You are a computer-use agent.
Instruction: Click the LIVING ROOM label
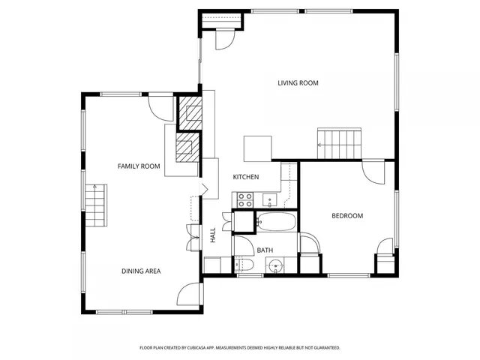point(298,82)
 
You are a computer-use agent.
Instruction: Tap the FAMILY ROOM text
point(139,166)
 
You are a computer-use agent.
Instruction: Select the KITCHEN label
point(246,177)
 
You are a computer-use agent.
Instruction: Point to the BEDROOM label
point(347,216)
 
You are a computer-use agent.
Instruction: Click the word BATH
point(265,250)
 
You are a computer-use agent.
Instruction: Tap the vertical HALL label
point(213,235)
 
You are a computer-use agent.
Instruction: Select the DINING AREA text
point(141,271)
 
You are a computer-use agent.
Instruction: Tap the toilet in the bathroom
point(241,265)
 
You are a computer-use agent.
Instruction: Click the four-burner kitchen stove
point(244,199)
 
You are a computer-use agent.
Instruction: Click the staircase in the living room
point(340,142)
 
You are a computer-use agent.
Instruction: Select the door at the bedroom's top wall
point(373,172)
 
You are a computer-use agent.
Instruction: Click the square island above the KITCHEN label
point(256,148)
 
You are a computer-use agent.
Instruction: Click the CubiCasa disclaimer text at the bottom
point(240,348)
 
